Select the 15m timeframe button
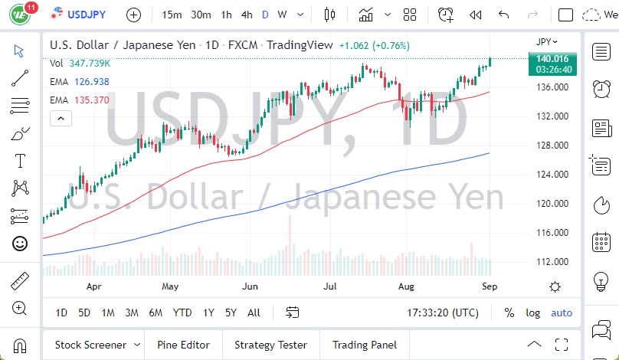coord(172,15)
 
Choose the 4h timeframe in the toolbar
coord(246,15)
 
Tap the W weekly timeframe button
coord(282,15)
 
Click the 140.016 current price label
coord(552,58)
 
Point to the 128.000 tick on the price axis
coord(552,146)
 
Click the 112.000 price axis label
coord(552,262)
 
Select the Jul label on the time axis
coord(330,286)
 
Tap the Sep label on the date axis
coord(490,286)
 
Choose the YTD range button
coord(182,313)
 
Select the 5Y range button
coord(231,313)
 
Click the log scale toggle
coord(533,313)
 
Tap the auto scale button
coord(562,313)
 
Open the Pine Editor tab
coord(184,345)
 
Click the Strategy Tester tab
coord(270,345)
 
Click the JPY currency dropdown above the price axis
coord(545,41)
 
